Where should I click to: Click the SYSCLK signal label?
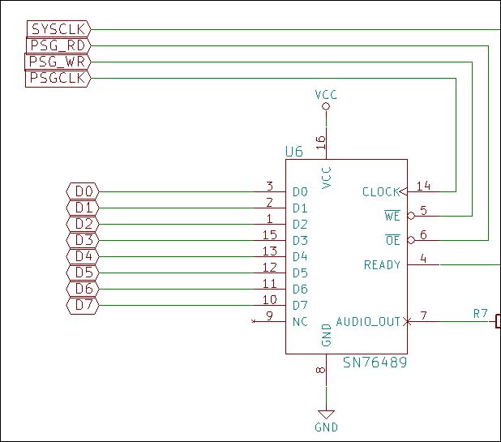[x=59, y=29]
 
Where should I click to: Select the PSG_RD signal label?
[x=58, y=45]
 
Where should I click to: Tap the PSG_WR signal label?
[x=58, y=62]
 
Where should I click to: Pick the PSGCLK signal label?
[x=58, y=78]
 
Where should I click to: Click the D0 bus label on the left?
[x=83, y=191]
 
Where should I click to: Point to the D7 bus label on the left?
[x=83, y=305]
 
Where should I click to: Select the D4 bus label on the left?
[x=83, y=256]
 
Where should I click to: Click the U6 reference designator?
[x=294, y=152]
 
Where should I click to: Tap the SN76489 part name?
[x=375, y=363]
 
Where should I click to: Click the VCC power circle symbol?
[x=326, y=106]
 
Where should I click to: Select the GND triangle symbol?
[x=326, y=415]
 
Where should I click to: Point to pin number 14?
[x=423, y=186]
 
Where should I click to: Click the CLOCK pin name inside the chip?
[x=381, y=191]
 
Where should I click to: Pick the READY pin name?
[x=382, y=264]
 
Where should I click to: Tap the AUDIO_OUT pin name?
[x=368, y=321]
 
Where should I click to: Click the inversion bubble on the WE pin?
[x=411, y=216]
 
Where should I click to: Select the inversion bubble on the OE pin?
[x=411, y=240]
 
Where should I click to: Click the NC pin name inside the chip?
[x=300, y=321]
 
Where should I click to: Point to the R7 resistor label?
[x=481, y=314]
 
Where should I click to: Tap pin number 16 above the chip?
[x=320, y=143]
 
